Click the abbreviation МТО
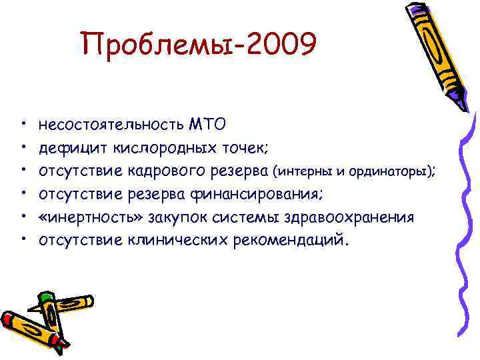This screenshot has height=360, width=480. pyautogui.click(x=207, y=123)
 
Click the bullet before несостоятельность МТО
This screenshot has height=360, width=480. pyautogui.click(x=23, y=124)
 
